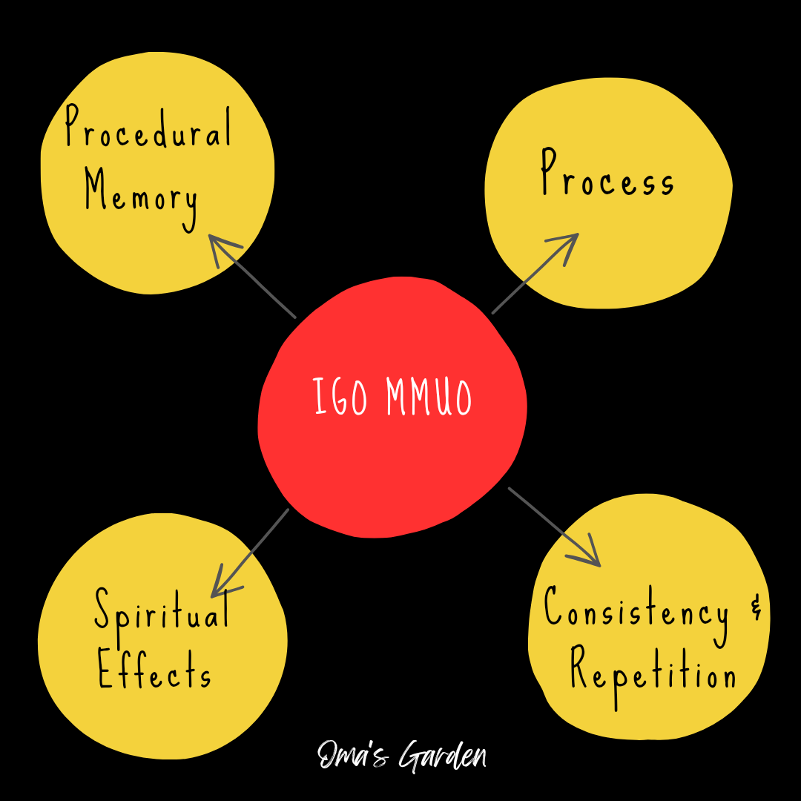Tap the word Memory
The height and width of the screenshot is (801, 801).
(141, 194)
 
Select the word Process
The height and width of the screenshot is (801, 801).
(607, 177)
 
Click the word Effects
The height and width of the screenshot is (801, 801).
(154, 671)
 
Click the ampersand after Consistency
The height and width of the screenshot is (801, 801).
(756, 611)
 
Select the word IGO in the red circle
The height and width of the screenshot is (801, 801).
(340, 398)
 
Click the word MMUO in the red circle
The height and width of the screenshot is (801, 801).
(429, 398)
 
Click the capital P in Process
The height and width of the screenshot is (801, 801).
(549, 172)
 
